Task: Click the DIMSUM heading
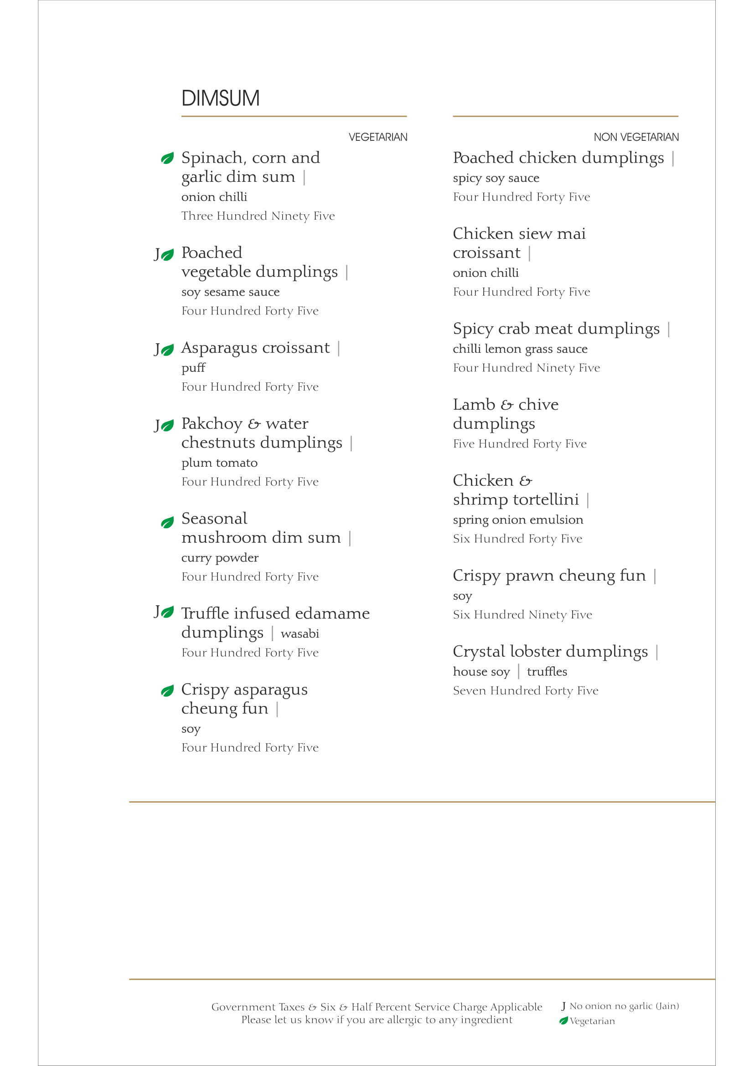click(221, 98)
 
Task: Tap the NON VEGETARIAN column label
click(635, 137)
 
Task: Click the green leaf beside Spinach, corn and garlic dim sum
click(167, 158)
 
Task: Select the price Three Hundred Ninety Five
click(258, 216)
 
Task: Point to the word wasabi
click(300, 634)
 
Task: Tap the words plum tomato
click(219, 463)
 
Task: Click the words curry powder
click(220, 557)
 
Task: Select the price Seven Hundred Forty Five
click(525, 691)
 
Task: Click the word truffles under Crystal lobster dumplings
click(547, 672)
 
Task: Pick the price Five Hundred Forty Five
click(520, 444)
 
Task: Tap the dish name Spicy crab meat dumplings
click(556, 329)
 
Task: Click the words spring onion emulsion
click(518, 520)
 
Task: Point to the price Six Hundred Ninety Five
click(522, 615)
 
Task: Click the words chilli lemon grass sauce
click(520, 349)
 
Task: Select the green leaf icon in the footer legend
click(563, 1020)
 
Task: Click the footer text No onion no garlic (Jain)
click(624, 1006)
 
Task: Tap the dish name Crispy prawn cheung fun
click(549, 576)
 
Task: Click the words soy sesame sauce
click(230, 292)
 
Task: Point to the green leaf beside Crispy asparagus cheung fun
click(167, 691)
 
